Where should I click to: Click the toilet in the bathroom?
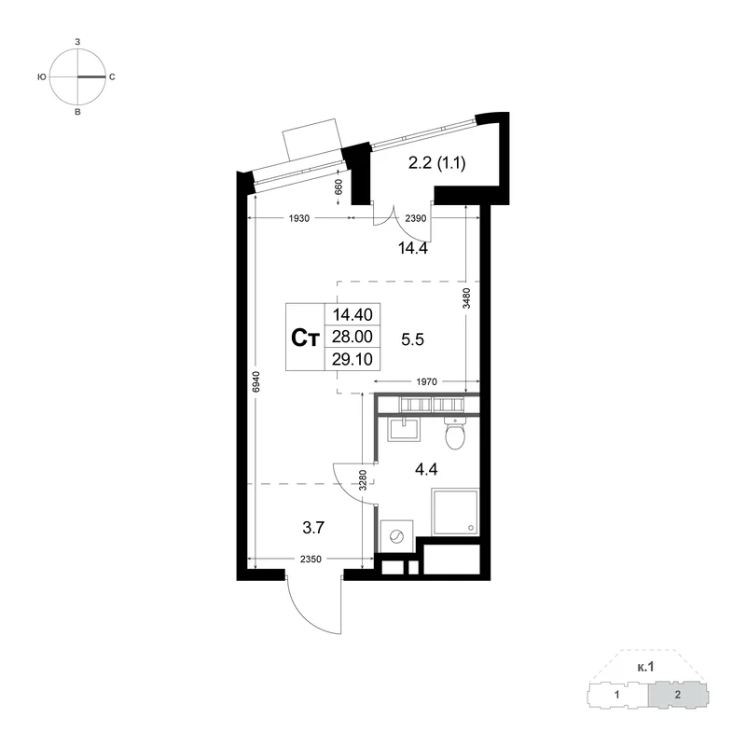click(455, 433)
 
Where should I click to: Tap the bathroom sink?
click(404, 430)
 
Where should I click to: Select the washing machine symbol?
click(396, 536)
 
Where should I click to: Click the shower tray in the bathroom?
click(455, 511)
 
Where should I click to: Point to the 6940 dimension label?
click(256, 381)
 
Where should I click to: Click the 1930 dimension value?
click(299, 218)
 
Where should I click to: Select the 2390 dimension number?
click(415, 218)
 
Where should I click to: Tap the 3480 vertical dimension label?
click(466, 298)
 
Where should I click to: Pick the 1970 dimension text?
click(426, 381)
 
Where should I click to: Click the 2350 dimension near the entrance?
click(311, 559)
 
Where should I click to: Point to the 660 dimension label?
click(338, 186)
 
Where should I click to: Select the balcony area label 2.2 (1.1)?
click(436, 163)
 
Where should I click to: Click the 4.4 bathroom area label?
click(426, 470)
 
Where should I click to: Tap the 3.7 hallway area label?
click(313, 528)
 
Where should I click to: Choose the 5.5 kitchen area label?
click(412, 339)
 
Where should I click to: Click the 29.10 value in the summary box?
click(352, 359)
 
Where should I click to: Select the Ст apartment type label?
click(305, 338)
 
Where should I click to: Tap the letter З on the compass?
click(77, 42)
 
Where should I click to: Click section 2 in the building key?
click(678, 695)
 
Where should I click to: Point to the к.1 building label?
click(645, 668)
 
